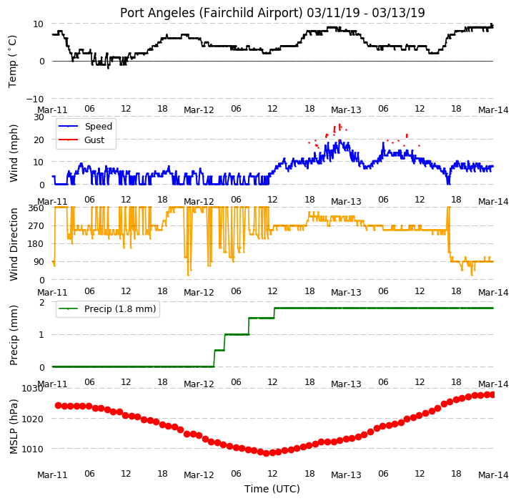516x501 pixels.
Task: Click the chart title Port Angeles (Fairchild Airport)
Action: pos(211,13)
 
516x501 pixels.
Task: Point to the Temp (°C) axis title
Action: pos(12,62)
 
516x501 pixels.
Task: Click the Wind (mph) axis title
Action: pos(14,153)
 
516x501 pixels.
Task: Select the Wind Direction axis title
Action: pos(14,244)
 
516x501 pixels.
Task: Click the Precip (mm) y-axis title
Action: pos(14,335)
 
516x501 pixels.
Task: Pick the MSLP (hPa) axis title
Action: pos(14,427)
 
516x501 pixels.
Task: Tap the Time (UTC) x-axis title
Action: pos(272,488)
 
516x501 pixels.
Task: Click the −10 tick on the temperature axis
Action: pos(35,99)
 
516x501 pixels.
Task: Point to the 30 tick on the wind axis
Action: pos(39,117)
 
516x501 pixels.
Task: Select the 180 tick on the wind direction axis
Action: pos(36,244)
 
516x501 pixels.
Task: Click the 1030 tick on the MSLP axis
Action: pos(32,389)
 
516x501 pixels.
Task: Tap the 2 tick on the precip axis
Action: pos(41,302)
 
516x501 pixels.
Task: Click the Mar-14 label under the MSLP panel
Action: pos(493,475)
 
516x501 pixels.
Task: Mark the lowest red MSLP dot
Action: pos(267,453)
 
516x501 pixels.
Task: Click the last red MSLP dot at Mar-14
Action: pos(492,394)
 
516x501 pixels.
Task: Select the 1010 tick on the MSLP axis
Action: pos(32,449)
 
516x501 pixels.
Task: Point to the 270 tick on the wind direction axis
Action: pos(36,226)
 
